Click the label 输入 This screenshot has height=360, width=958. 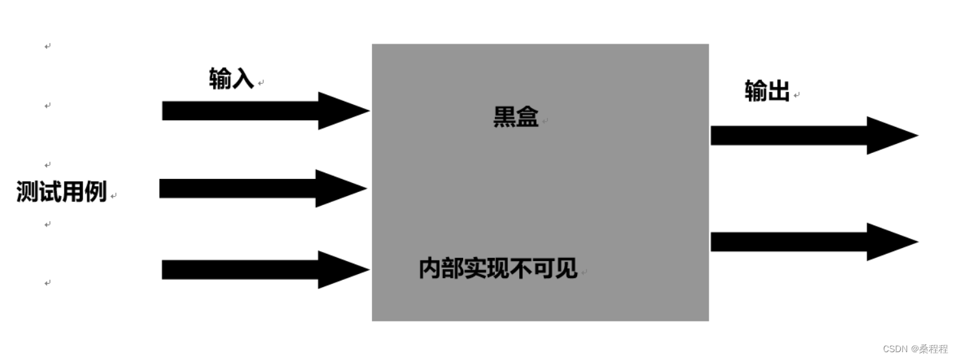click(231, 79)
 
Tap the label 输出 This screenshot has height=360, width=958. click(767, 92)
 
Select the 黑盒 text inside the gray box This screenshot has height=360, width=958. click(516, 118)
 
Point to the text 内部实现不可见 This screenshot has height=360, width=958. click(498, 268)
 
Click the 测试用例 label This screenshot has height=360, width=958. click(61, 192)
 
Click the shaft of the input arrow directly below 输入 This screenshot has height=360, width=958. click(241, 111)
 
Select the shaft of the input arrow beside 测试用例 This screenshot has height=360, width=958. click(238, 188)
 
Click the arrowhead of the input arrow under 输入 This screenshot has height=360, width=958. click(342, 111)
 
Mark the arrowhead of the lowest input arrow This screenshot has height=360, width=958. click(342, 270)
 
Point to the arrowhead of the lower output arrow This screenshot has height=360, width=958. click(890, 242)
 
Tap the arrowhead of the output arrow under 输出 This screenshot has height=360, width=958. click(890, 135)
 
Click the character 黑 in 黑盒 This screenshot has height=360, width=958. click(505, 118)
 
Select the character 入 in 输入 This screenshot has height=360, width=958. click(242, 79)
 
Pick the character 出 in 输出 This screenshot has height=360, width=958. click(778, 92)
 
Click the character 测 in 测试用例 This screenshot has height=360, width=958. click(28, 192)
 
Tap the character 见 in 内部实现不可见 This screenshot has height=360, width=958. click(567, 268)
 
